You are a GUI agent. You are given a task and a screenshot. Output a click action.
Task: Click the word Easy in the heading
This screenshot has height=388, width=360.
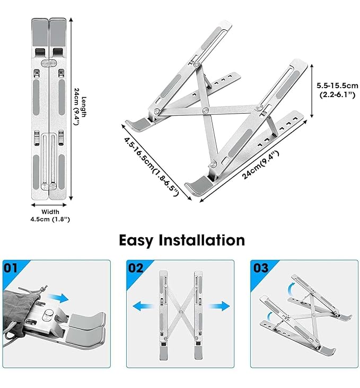[x=136, y=240]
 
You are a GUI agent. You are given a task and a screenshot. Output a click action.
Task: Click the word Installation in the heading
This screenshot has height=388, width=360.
[x=202, y=239]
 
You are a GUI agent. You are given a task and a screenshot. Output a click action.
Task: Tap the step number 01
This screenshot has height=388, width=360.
[x=11, y=268]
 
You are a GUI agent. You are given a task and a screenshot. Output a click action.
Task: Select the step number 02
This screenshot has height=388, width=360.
[x=136, y=268]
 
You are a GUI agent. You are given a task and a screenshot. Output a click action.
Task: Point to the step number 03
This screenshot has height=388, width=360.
[x=261, y=268]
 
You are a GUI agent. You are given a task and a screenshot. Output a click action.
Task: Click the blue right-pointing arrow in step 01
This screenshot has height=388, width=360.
[x=58, y=297]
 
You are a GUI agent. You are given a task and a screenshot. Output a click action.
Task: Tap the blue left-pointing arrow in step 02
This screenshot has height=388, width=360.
[x=143, y=306]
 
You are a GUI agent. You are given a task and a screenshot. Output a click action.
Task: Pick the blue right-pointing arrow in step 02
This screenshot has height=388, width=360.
[x=219, y=306]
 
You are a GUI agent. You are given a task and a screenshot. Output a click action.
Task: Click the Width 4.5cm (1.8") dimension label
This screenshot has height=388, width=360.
[x=50, y=215]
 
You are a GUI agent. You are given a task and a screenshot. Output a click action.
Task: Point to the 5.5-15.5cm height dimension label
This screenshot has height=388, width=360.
[x=337, y=90]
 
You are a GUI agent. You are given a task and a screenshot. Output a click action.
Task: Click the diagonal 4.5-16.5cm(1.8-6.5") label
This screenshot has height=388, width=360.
[x=151, y=167]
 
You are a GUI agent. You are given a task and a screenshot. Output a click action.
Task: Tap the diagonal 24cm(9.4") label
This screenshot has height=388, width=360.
[x=260, y=165]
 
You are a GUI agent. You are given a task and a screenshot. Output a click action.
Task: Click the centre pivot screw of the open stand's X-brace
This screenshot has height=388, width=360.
[x=205, y=110]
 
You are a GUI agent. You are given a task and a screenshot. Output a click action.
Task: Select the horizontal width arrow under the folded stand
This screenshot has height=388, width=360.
[x=49, y=205]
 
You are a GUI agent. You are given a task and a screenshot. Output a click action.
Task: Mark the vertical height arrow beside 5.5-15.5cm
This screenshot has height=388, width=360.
[x=312, y=91]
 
